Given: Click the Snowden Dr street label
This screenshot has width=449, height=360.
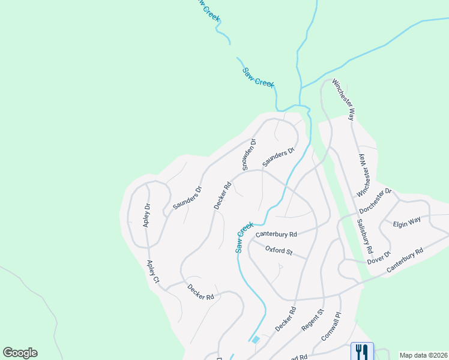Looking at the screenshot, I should (x=249, y=155).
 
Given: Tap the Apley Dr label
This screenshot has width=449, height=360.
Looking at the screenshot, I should (x=146, y=215).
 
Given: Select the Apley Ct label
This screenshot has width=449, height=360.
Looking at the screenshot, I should (x=153, y=272).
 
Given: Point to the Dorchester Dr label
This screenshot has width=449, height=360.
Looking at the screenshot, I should (x=375, y=201).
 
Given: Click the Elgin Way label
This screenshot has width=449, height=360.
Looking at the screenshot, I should (x=407, y=223).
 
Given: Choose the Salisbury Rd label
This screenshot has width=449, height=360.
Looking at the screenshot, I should (x=364, y=236).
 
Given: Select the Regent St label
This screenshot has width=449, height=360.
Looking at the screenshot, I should (x=313, y=320).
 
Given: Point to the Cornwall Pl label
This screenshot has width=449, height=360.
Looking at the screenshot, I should (x=331, y=326).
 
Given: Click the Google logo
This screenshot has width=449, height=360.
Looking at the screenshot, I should (x=20, y=353).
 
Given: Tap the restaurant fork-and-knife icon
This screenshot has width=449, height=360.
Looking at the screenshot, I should (x=361, y=350).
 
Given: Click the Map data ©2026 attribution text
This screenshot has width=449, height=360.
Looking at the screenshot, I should (x=423, y=355).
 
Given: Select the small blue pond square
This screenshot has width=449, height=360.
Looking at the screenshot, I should (x=256, y=340).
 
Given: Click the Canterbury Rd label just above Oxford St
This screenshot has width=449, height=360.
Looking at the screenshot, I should (x=276, y=234).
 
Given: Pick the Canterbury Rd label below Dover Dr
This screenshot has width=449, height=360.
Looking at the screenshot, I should (x=405, y=260).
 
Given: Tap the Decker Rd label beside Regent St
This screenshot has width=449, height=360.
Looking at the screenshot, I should (x=286, y=319).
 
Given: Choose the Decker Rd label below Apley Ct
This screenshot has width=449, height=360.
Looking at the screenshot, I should (x=200, y=292).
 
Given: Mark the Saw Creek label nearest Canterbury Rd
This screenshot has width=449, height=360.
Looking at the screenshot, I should (x=244, y=238).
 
